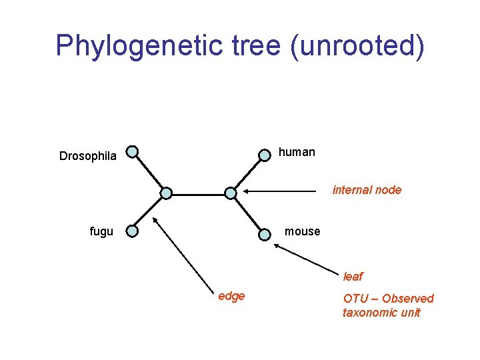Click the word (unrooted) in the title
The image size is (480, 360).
coord(357,46)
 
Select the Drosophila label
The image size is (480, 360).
coord(88,157)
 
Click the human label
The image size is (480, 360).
coord(297,152)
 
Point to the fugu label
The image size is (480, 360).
coord(101,232)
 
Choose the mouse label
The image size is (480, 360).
coord(302,231)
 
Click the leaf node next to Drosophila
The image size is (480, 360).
coord(133,152)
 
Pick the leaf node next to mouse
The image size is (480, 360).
coord(265,233)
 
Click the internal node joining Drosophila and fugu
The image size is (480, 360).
coord(166,193)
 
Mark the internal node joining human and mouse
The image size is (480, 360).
coord(230,193)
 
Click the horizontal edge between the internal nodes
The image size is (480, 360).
coord(198,193)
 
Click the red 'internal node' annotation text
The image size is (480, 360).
coord(367,190)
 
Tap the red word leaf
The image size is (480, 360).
coord(353,277)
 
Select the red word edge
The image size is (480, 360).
coord(231,296)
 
